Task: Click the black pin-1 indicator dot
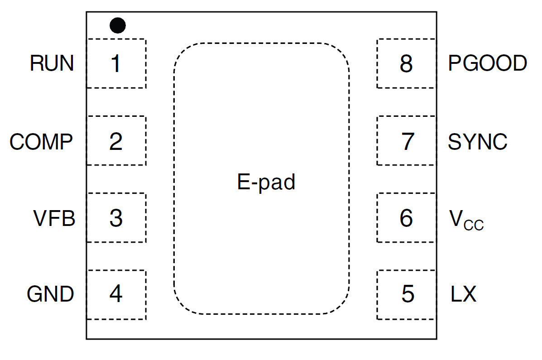pos(118,25)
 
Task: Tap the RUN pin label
pos(52,63)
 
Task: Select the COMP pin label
pos(41,142)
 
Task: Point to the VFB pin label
pos(54,219)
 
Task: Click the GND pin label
pos(50,295)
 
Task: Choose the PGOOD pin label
pos(487,63)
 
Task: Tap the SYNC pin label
pos(477,142)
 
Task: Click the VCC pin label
pos(466,220)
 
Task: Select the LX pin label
pos(463,295)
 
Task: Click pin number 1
pos(116,64)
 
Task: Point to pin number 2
pos(116,142)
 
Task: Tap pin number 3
pos(116,219)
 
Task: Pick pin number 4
pos(116,295)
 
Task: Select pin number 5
pos(408,295)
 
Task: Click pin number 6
pos(406,219)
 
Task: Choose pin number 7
pos(408,142)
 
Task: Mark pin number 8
pos(406,64)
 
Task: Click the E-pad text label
pos(266,182)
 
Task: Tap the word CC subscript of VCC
pos(474,225)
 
